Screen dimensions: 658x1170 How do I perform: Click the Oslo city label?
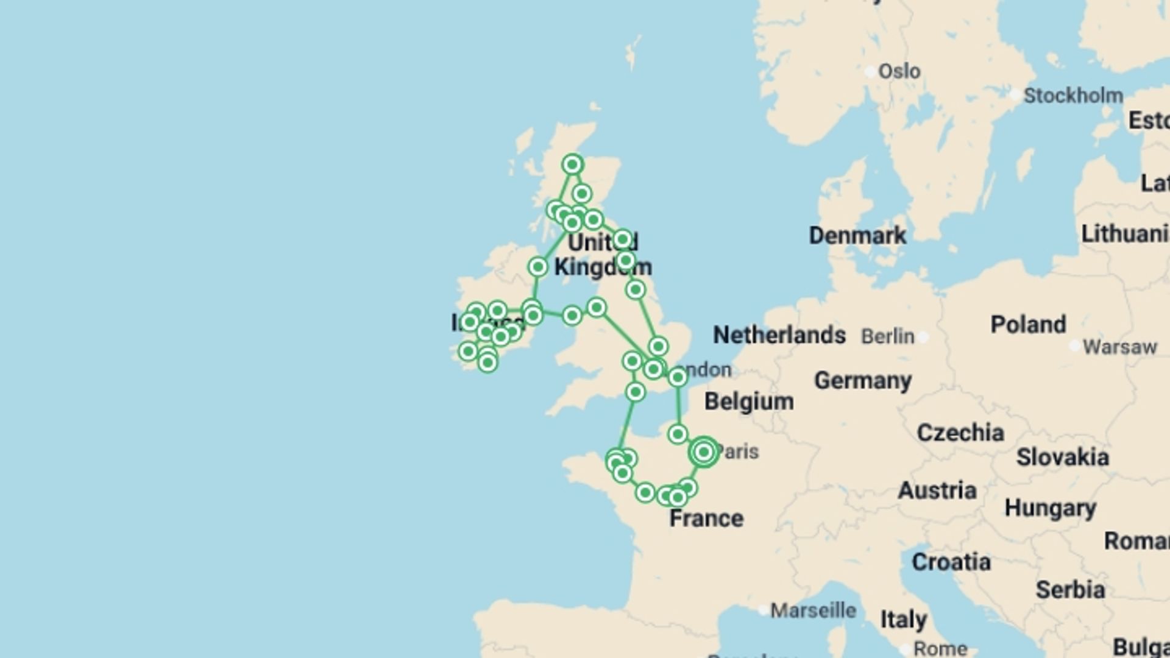899,71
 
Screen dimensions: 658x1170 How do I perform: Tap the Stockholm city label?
1073,96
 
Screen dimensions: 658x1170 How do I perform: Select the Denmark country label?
857,235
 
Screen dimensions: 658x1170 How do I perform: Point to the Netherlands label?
779,334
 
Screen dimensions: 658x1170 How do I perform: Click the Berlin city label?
888,336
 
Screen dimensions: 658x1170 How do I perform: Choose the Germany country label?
863,381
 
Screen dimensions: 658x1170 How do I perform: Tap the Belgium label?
749,402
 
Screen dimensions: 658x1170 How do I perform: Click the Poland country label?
1028,324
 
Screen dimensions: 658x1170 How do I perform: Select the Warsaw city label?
1119,347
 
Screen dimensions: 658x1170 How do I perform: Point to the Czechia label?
960,433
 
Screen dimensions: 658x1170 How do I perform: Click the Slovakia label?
1062,457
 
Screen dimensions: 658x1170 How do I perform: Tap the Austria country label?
937,490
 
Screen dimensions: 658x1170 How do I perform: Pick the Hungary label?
1050,508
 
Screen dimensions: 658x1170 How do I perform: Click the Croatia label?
951,562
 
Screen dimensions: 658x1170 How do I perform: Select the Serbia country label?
1070,590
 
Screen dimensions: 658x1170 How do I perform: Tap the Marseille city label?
814,610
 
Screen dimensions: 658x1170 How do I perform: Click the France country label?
706,518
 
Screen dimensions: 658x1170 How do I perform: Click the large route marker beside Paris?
704,452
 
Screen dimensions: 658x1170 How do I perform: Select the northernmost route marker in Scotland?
572,164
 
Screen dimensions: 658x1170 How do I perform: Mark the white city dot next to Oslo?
870,71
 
